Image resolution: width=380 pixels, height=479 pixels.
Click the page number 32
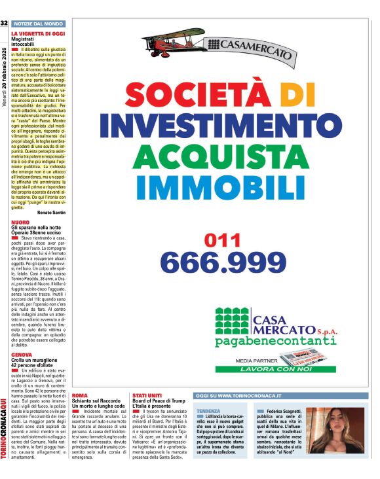pyautogui.click(x=4, y=24)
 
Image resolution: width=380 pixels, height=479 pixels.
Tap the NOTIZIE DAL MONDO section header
pyautogui.click(x=38, y=24)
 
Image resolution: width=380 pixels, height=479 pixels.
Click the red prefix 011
pyautogui.click(x=223, y=240)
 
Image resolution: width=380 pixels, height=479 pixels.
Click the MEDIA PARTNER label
pyautogui.click(x=255, y=360)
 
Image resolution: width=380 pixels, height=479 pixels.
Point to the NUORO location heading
pyautogui.click(x=20, y=222)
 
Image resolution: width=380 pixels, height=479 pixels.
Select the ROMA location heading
pyautogui.click(x=79, y=396)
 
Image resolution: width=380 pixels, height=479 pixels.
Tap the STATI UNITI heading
pyautogui.click(x=147, y=396)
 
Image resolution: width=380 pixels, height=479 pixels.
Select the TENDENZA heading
pyautogui.click(x=208, y=410)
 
